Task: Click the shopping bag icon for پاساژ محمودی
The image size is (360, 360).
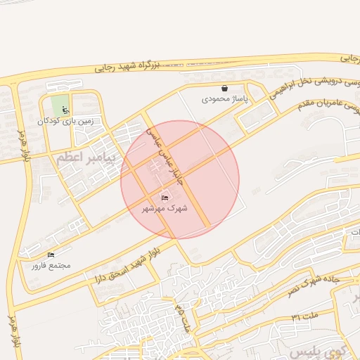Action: click(x=224, y=89)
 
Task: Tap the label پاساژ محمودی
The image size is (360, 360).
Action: click(x=224, y=99)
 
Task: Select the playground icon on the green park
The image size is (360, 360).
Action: click(x=66, y=110)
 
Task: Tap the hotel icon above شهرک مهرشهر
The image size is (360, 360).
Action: click(x=165, y=198)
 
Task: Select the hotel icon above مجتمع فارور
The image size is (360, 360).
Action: click(x=50, y=254)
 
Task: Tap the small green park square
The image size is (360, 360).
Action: click(x=60, y=106)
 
